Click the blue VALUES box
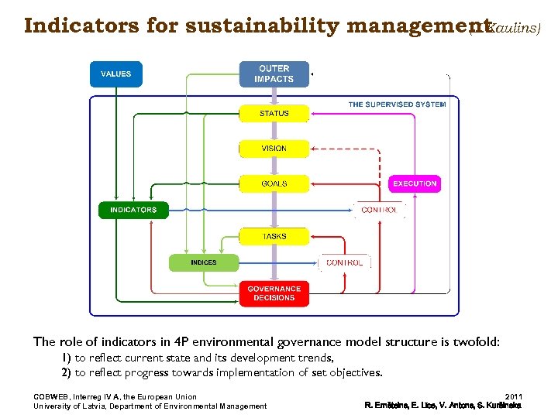pos(116,74)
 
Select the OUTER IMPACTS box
pos(274,74)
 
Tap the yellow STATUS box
pos(274,114)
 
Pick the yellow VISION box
pos(274,149)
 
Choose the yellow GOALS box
pos(274,183)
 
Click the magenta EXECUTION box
pos(415,183)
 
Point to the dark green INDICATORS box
pos(133,210)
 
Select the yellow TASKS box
pos(274,236)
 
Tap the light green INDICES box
pos(204,262)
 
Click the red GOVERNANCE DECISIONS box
pos(274,293)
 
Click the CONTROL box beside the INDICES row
pos(345,262)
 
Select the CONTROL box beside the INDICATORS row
pos(379,210)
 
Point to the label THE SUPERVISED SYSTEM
pos(397,104)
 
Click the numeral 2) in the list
pos(67,372)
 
